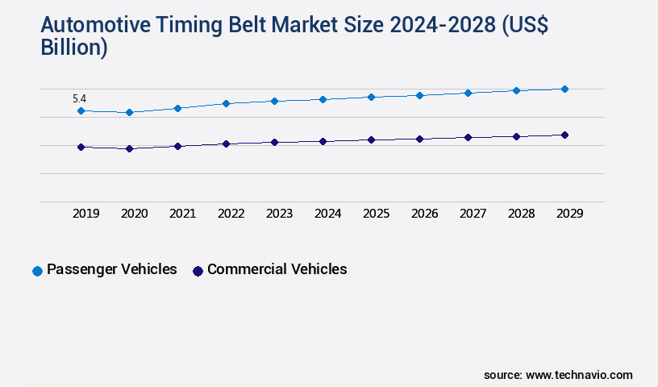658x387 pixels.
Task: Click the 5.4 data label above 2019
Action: coord(79,99)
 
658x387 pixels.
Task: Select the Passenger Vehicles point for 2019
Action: coord(81,110)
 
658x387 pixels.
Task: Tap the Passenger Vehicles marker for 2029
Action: coord(564,89)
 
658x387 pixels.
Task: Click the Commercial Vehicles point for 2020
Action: coord(129,148)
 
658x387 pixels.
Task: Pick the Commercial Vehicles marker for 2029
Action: coord(564,135)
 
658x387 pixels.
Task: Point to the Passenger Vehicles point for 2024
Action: coord(323,99)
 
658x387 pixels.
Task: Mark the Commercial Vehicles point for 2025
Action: coord(371,139)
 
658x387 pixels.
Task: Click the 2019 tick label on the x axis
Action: coord(86,214)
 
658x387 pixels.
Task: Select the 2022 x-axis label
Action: coord(231,214)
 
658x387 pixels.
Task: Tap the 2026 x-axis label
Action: coord(425,214)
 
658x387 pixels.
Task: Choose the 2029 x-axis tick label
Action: coord(569,214)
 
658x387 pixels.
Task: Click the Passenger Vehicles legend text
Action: coord(111,269)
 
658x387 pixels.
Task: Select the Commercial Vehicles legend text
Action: coord(277,269)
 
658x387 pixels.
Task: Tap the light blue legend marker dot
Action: coord(37,271)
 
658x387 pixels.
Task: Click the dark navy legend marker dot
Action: coord(198,271)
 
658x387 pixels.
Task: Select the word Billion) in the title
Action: coord(73,48)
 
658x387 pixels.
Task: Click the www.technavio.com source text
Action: coord(579,375)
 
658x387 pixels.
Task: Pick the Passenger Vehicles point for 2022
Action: coord(226,103)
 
